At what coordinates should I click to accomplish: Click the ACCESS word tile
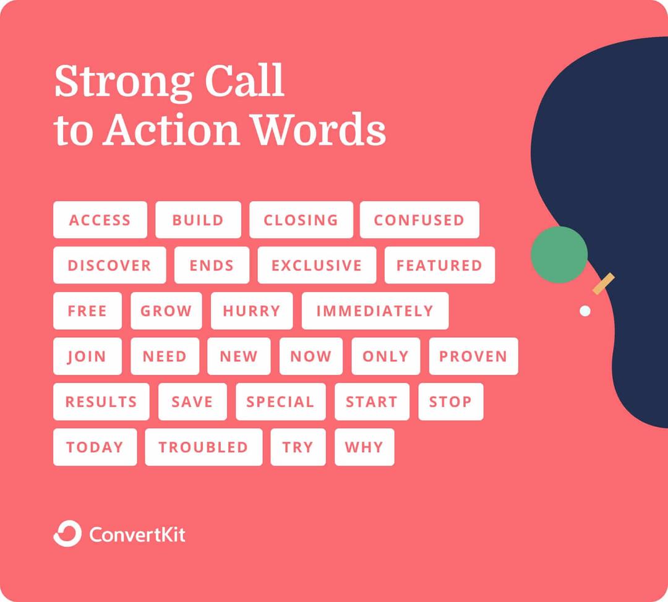point(100,220)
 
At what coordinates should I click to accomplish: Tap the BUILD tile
point(198,220)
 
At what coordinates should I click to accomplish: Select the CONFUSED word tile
point(419,220)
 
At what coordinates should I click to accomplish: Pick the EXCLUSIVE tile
point(317,265)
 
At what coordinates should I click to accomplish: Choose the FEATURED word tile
point(440,265)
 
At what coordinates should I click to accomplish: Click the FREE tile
point(87,311)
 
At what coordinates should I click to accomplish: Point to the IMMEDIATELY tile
point(375,311)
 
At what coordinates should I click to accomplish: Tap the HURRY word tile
point(252,311)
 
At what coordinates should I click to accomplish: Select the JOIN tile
point(87,356)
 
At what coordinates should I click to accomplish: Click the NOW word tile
point(311,356)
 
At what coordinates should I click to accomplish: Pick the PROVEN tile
point(473,356)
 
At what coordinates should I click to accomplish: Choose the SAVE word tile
point(192,402)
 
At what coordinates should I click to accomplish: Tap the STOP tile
point(451,402)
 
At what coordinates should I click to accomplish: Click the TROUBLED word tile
point(203,447)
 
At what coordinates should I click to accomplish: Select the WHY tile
point(364,447)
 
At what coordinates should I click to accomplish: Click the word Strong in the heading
point(124,82)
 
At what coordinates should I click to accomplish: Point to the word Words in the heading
point(319,129)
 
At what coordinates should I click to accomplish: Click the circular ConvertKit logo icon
point(67,533)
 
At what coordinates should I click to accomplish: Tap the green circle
point(559,255)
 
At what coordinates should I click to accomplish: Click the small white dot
point(585,311)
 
